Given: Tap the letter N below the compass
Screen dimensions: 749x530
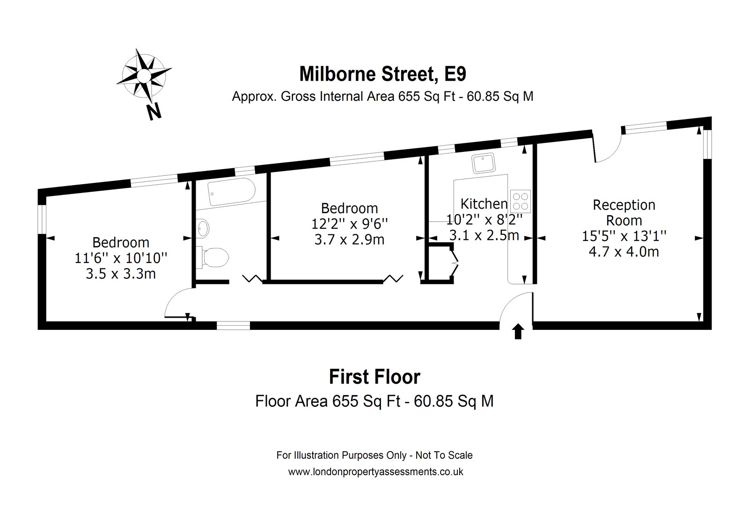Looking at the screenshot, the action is pos(154,112).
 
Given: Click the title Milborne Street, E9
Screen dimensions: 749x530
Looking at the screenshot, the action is pos(382,74).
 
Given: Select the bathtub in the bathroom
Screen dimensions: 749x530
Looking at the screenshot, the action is pos(231,192).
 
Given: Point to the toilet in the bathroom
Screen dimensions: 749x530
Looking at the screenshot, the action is pos(213,258).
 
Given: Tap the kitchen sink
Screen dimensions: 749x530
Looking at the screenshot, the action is pos(483,163).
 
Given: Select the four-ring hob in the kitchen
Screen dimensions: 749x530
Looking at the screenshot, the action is pos(521,201).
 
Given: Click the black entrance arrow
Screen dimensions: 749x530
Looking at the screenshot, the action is pos(518,331).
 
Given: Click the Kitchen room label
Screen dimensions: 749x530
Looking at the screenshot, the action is pos(484,203).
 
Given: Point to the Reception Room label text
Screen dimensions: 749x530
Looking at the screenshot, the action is pos(624,213).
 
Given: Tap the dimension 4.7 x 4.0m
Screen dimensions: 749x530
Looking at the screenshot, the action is pos(624,252).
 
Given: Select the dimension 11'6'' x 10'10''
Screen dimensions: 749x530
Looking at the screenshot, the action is pos(121,258).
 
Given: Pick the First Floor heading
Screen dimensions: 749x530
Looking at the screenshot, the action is pos(374,377).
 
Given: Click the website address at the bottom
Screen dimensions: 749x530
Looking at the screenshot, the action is pos(376,472).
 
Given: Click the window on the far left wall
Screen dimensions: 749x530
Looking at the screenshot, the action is pos(42,219).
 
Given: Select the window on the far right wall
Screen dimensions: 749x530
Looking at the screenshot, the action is pos(707,144).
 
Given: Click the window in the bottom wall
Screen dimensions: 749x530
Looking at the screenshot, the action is pos(234,326).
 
